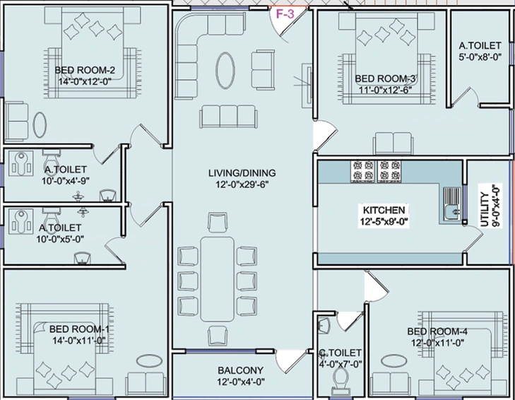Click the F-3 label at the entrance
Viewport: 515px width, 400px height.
[285, 14]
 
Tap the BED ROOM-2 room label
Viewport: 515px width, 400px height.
[85, 71]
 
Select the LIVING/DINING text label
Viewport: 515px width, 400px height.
[242, 173]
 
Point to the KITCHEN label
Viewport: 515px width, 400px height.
[384, 210]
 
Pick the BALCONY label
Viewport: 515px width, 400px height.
[240, 370]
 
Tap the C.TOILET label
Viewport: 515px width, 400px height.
[341, 353]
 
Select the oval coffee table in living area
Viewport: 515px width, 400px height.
[225, 71]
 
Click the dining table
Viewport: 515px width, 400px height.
[217, 278]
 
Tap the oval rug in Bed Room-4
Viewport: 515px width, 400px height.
[394, 360]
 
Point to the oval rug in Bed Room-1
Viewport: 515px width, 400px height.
[149, 360]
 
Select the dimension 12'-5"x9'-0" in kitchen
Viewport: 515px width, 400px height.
[384, 223]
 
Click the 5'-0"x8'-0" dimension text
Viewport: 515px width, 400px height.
[480, 57]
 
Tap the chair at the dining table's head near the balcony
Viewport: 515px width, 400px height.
[218, 336]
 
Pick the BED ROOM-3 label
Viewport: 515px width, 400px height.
[385, 79]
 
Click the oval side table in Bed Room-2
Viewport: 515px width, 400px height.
[40, 125]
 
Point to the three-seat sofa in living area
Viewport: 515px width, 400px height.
[228, 117]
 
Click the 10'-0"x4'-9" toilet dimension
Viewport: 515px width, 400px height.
[66, 181]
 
